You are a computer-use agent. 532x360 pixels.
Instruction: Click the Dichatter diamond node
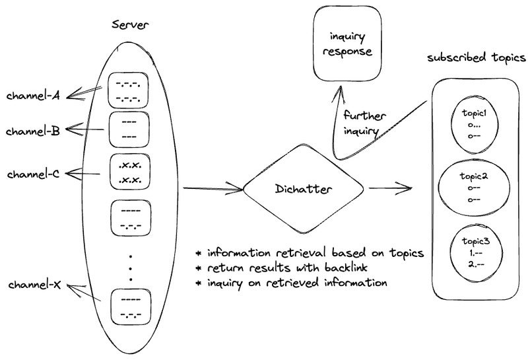tap(303, 190)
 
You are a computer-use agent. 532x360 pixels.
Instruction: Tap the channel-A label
tap(34, 96)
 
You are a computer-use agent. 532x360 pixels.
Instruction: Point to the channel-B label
tap(34, 131)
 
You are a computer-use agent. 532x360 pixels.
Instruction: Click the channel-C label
tap(34, 175)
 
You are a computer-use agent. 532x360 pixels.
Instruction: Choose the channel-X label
tap(34, 285)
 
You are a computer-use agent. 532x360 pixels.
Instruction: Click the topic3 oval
tap(473, 252)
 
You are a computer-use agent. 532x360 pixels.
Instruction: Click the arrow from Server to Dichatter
tap(211, 190)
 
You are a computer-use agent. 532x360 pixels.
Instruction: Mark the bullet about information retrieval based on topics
tap(310, 254)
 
